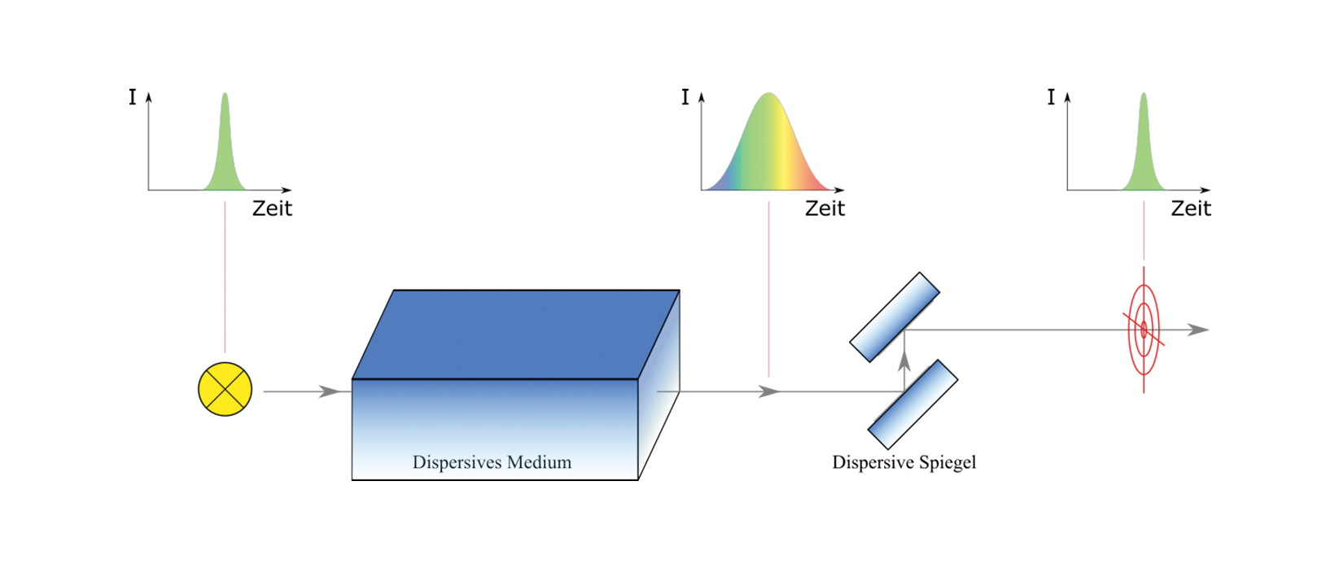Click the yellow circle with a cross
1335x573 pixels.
tap(225, 390)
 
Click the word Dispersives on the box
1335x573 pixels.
tap(449, 463)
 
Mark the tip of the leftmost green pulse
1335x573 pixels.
tap(224, 95)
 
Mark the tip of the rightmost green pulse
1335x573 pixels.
tap(1144, 95)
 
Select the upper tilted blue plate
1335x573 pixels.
tap(895, 317)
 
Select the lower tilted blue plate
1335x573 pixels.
tap(913, 404)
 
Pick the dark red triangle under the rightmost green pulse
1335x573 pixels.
tap(1136, 236)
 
